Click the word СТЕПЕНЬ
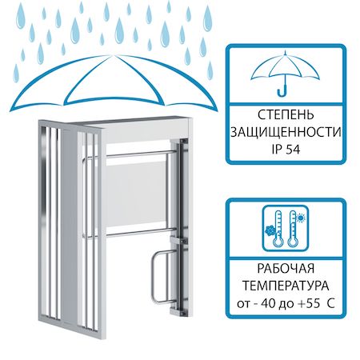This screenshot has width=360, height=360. point(286,115)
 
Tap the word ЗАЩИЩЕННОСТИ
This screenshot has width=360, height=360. point(286,132)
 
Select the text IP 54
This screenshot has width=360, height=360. point(286,149)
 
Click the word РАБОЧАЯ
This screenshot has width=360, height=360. point(286,268)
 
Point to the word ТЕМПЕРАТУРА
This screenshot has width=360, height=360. point(286,286)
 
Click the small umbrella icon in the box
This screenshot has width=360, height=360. point(285,74)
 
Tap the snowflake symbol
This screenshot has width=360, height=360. point(269,230)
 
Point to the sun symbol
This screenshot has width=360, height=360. point(302,218)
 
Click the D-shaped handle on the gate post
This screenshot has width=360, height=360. point(154,277)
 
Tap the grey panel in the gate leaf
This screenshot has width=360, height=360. point(136,195)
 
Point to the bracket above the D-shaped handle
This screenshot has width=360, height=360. point(178,240)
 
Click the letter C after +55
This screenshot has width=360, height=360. point(330,303)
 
